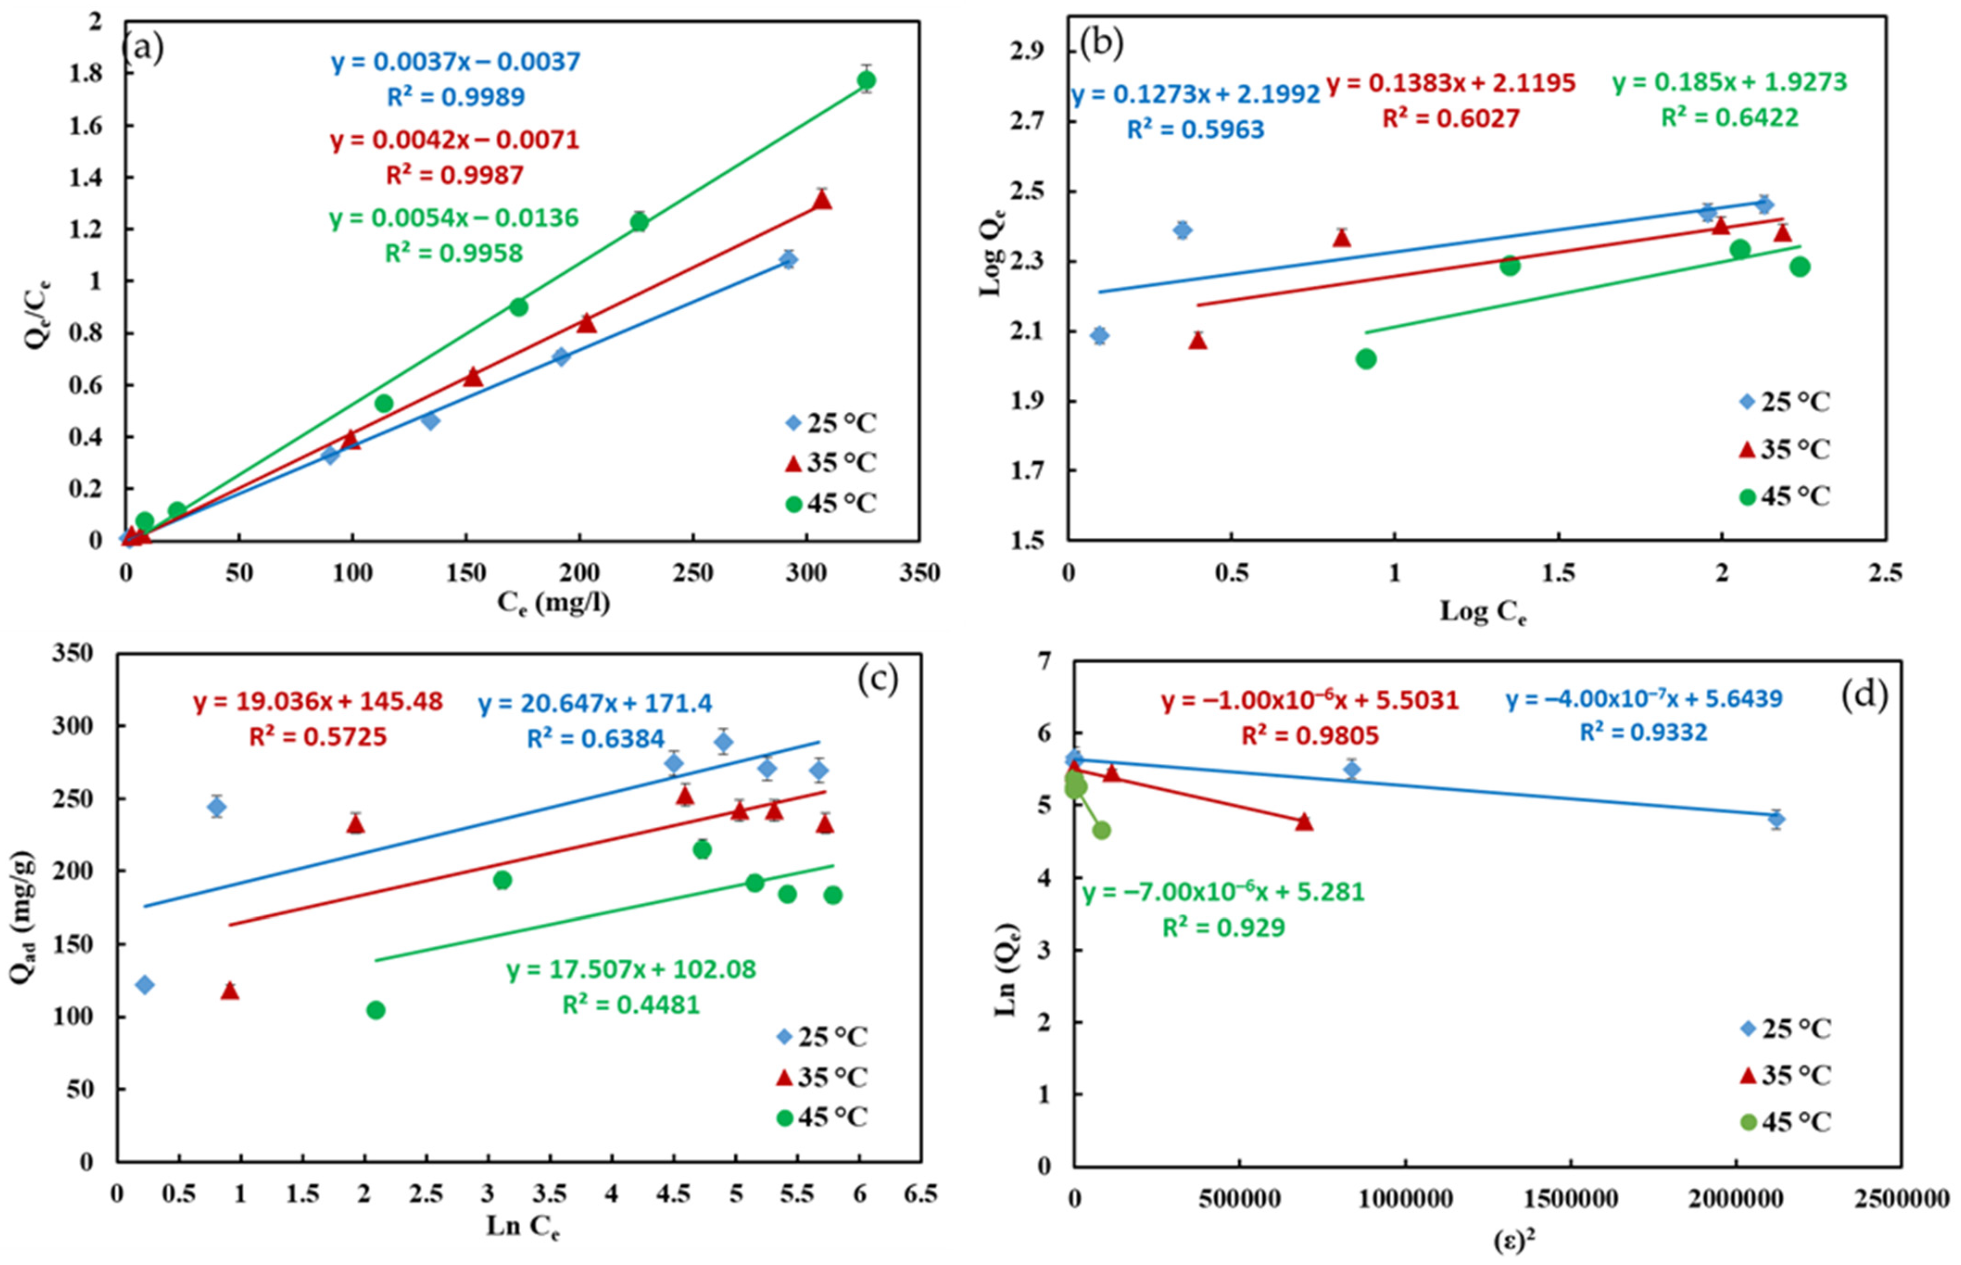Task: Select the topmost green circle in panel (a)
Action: tap(866, 80)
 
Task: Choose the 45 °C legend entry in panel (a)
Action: tap(830, 503)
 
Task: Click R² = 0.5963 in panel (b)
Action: tap(1195, 130)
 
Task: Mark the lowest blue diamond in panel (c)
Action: tap(145, 985)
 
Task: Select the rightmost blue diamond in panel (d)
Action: tap(1775, 818)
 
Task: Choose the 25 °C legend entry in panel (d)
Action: tap(1784, 1027)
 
